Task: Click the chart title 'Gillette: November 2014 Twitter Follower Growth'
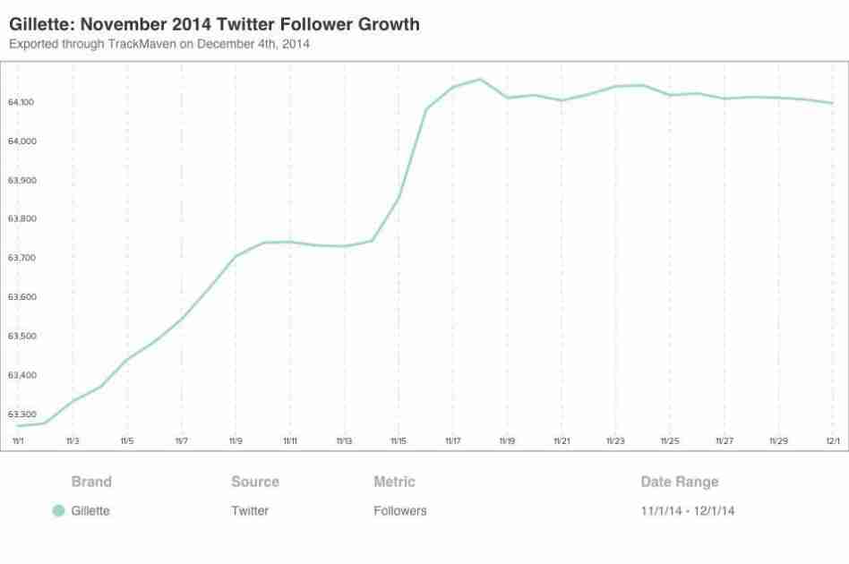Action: tap(213, 25)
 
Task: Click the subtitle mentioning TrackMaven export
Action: tap(159, 44)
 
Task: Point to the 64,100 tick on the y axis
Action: tap(21, 102)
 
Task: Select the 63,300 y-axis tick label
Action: tap(21, 414)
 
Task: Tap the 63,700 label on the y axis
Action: tap(21, 258)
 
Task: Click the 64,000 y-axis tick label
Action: tap(21, 141)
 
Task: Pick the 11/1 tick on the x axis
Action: tap(18, 440)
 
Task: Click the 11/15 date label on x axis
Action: tap(398, 440)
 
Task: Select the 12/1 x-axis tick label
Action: tap(832, 440)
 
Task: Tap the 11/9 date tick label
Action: tap(236, 440)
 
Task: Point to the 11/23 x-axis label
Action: tap(615, 440)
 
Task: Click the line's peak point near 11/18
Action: tap(480, 80)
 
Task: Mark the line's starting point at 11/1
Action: tap(18, 426)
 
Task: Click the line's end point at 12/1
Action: tap(833, 103)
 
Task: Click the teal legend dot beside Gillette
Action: tap(58, 511)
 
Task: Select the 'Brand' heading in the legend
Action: tap(91, 482)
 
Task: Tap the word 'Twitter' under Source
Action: tap(249, 511)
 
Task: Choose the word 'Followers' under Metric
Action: tap(399, 511)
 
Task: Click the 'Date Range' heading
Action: tap(679, 482)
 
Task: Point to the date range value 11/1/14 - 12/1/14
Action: tap(689, 511)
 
